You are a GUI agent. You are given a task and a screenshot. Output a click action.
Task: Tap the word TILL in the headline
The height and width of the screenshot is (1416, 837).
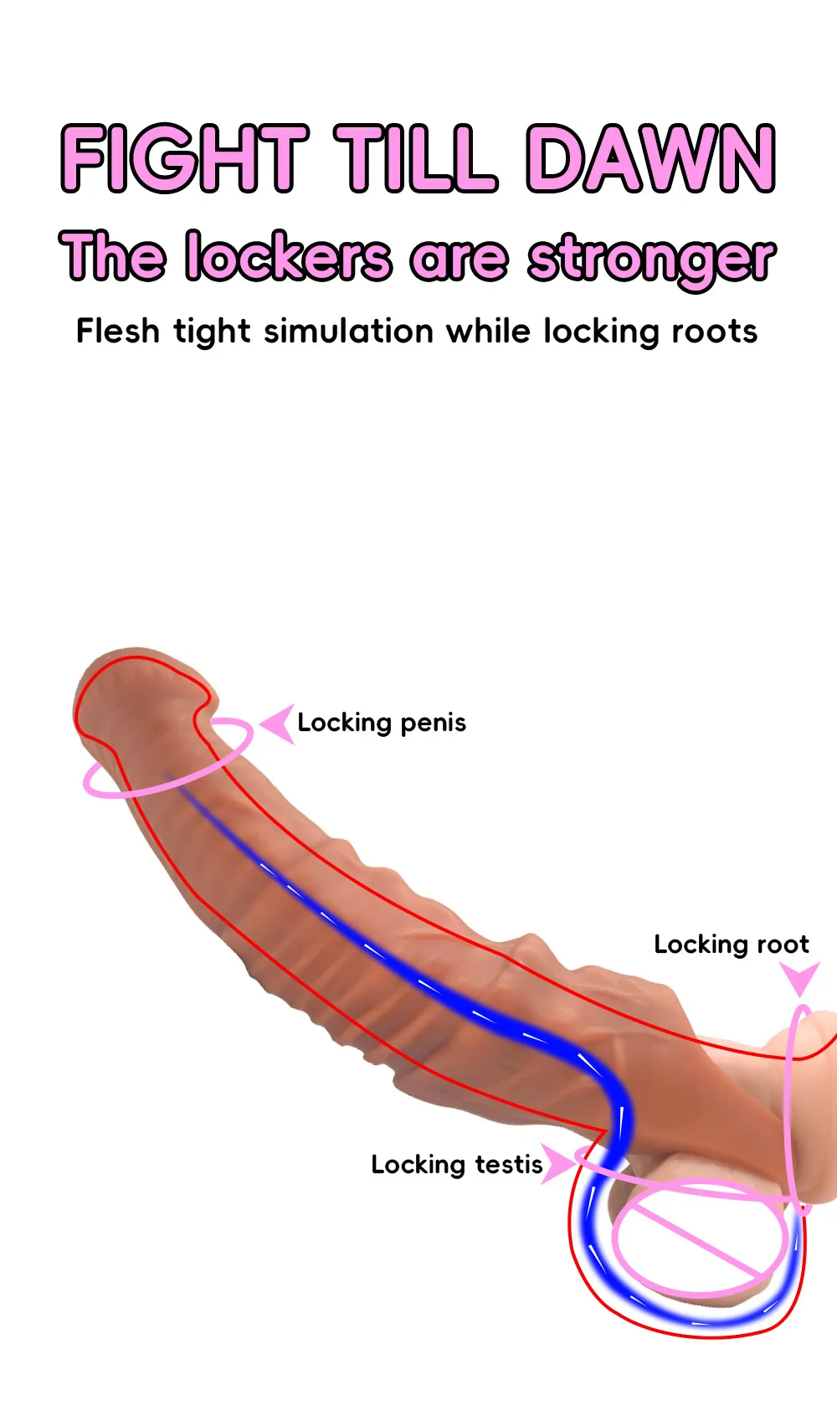tap(416, 158)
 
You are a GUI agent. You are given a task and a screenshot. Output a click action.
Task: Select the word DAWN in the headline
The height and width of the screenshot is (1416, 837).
tap(651, 158)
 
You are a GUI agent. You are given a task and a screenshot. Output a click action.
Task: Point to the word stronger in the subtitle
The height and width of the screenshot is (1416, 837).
tap(651, 259)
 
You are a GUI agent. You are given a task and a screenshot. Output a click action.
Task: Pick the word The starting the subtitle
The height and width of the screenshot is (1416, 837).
tap(112, 255)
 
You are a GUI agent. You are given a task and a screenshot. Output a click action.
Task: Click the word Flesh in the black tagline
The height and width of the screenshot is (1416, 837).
tap(118, 331)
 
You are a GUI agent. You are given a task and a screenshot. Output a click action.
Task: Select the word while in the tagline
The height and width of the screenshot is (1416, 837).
tap(489, 331)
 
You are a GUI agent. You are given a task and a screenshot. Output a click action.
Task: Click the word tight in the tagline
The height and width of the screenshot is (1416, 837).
tap(212, 332)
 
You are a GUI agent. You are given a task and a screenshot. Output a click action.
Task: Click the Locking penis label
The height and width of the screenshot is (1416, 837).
tap(382, 723)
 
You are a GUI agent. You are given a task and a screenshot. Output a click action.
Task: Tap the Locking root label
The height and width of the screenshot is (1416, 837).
tap(731, 945)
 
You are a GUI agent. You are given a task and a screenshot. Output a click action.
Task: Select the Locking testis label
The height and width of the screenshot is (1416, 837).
tap(457, 1165)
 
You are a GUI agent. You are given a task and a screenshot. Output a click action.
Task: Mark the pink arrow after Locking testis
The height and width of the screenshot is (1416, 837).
tap(557, 1163)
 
